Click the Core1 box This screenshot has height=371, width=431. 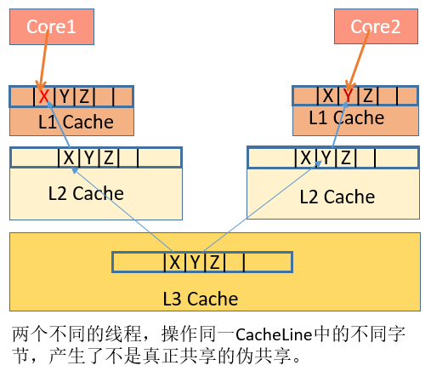[51, 27]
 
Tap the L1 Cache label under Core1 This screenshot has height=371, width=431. [76, 123]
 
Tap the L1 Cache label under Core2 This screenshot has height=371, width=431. [346, 118]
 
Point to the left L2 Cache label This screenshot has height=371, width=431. [85, 193]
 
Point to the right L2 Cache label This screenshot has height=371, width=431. [337, 197]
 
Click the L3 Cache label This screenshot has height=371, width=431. [200, 299]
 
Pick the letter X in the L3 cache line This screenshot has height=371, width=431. [174, 262]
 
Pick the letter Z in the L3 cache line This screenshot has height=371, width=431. [214, 262]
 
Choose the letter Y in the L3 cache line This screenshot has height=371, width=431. [194, 262]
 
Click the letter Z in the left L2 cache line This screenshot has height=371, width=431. [107, 157]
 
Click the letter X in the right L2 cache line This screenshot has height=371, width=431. [305, 157]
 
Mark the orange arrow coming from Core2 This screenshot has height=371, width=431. [357, 65]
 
